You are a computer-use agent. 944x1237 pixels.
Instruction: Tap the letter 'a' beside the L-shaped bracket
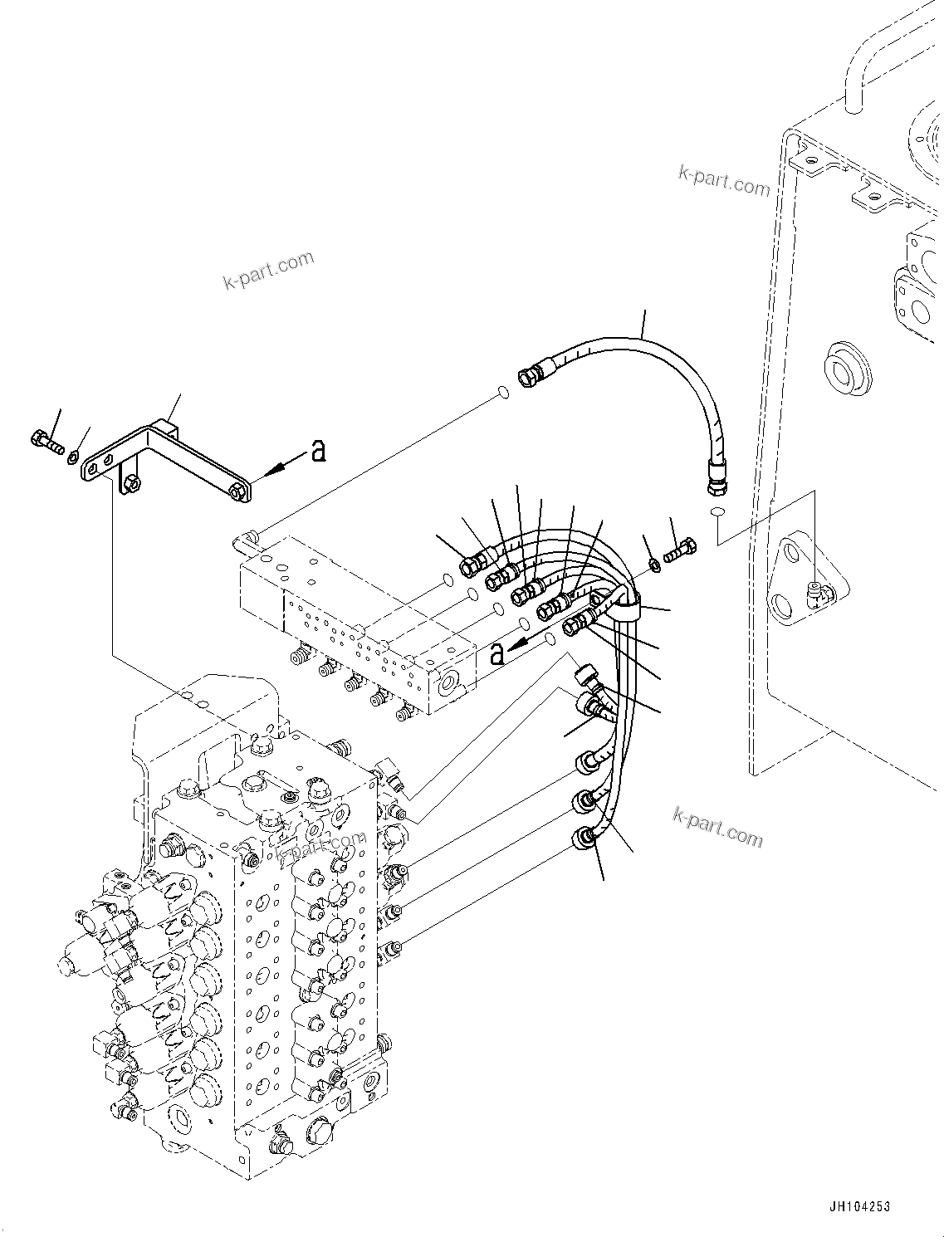[x=317, y=451]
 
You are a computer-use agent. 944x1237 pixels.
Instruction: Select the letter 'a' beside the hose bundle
[x=496, y=653]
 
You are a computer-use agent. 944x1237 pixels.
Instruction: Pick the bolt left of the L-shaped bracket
[x=46, y=442]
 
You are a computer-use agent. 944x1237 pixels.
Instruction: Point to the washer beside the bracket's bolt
[x=75, y=454]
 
